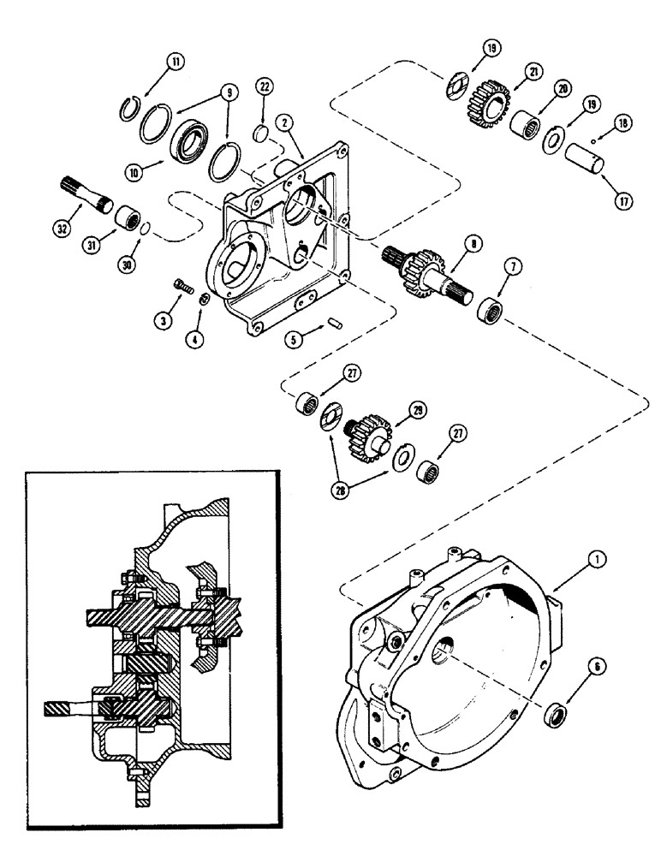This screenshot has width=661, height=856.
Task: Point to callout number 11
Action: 176,62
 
